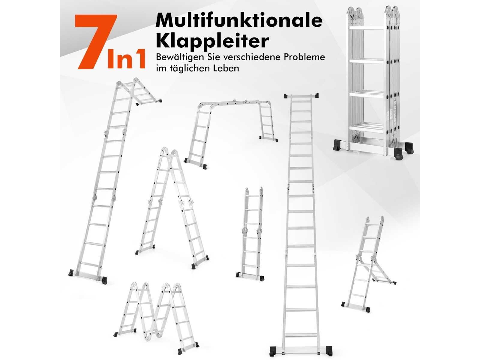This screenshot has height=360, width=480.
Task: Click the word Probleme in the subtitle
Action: pos(304,58)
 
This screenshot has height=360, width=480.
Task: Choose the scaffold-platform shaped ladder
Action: pos(231,133)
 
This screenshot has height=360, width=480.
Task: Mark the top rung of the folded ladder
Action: pos(366,28)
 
